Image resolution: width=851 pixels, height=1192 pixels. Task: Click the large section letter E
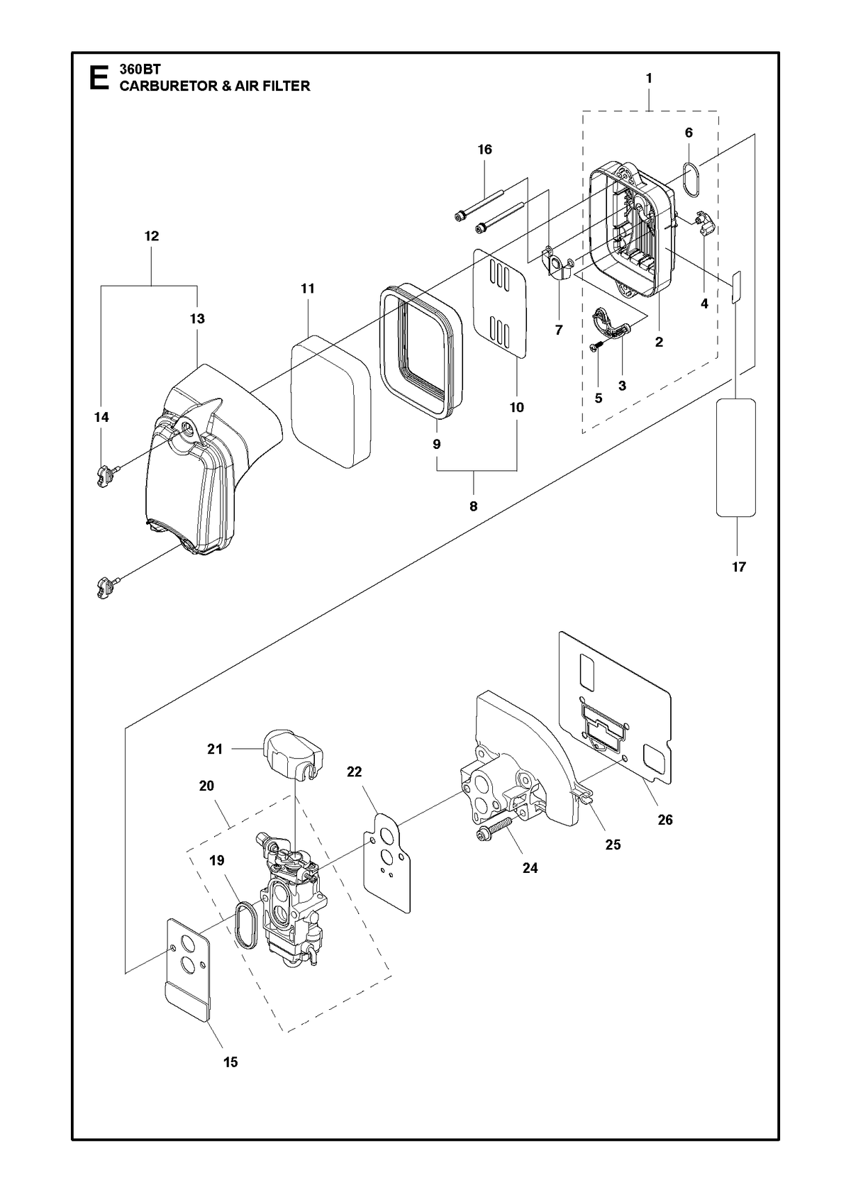pos(99,78)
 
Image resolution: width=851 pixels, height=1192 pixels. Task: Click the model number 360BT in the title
pos(140,69)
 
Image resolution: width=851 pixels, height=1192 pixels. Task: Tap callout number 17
pos(739,567)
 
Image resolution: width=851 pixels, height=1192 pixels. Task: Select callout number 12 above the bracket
pos(152,235)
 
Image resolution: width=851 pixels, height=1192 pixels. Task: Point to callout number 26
pos(665,820)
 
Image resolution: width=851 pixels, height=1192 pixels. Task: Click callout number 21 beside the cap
pos(214,750)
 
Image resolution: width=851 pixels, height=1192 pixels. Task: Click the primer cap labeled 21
pos(293,756)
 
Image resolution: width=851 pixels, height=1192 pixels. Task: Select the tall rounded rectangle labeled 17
pos(736,457)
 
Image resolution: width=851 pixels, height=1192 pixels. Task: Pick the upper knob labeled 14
pos(108,475)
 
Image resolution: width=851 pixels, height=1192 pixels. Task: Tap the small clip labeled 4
pos(705,223)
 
